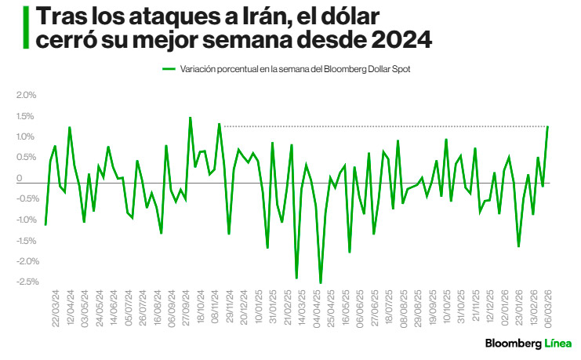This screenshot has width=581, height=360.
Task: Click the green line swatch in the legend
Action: [x=169, y=69]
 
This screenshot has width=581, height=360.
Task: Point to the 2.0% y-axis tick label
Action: [x=27, y=95]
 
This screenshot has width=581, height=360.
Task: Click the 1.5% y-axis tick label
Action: [x=27, y=116]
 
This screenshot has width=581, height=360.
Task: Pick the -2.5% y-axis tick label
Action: [x=26, y=282]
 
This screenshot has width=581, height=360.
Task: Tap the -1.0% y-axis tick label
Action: [x=26, y=220]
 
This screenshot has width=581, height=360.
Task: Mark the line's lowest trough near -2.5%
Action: [x=321, y=283]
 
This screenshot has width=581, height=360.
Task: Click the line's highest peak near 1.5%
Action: [x=190, y=118]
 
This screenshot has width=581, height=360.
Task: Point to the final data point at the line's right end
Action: [x=547, y=126]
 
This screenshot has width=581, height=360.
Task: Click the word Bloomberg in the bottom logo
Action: [x=513, y=344]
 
